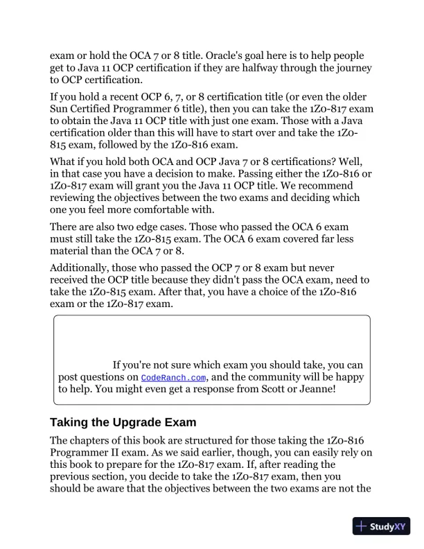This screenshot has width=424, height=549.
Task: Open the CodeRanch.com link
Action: click(x=174, y=378)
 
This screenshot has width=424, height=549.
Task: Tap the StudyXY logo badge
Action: click(x=381, y=525)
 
